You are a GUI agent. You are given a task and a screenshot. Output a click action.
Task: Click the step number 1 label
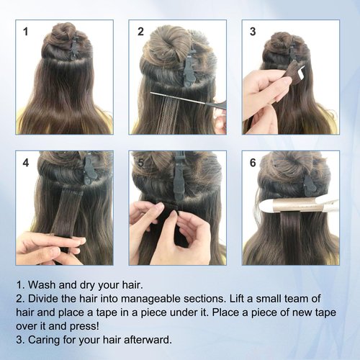click(x=26, y=32)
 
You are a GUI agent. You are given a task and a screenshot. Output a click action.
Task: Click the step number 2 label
click(x=140, y=32)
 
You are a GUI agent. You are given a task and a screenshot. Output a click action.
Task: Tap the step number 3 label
click(x=253, y=32)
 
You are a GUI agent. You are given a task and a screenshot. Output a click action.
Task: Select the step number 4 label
click(x=26, y=163)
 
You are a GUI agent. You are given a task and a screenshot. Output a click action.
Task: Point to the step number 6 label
click(x=253, y=163)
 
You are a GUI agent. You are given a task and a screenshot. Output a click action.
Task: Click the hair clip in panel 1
click(x=74, y=48)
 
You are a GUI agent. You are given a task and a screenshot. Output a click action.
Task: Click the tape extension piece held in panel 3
click(x=294, y=71)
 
